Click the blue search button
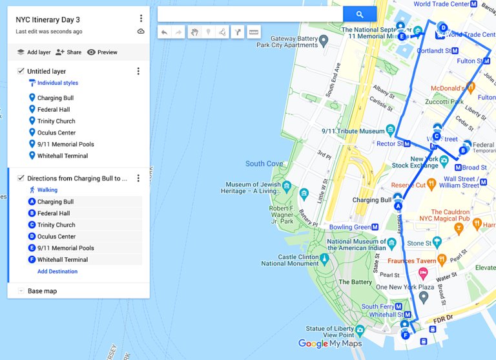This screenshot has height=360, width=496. [360, 14]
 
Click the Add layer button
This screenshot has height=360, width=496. [34, 52]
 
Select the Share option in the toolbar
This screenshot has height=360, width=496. [68, 52]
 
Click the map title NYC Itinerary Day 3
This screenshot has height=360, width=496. [48, 19]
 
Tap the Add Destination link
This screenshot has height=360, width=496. [57, 271]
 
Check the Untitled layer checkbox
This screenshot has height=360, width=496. [21, 71]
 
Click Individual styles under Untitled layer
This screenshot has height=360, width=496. [57, 83]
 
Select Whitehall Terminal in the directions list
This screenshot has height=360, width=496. [62, 260]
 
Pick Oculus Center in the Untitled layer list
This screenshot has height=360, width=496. [56, 132]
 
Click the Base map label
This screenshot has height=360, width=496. [42, 291]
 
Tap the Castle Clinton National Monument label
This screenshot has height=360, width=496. [290, 260]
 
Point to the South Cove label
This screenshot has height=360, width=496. [264, 164]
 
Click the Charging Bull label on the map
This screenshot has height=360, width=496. [372, 200]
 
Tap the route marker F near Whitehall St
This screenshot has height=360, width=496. [406, 335]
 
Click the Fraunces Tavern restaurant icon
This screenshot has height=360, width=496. [442, 260]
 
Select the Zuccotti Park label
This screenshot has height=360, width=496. [444, 102]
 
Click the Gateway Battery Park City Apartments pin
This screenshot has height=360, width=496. [324, 40]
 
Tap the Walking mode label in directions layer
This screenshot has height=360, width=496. [47, 190]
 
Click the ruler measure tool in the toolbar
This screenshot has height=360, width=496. [254, 32]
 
